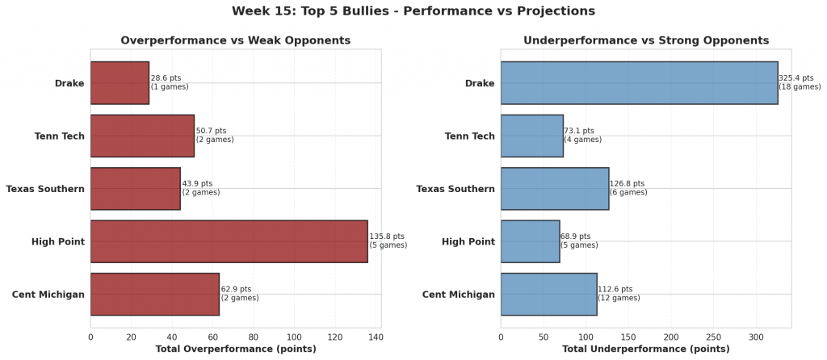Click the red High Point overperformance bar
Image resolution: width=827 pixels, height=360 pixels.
click(229, 241)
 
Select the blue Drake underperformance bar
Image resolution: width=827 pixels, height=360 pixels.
click(639, 83)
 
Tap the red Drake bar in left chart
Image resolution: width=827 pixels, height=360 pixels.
click(120, 83)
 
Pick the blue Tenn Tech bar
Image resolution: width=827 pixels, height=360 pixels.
click(531, 136)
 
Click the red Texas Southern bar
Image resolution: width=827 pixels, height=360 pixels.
click(135, 189)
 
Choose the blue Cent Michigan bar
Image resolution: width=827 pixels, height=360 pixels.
click(548, 294)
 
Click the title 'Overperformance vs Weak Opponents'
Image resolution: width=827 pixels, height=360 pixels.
click(235, 40)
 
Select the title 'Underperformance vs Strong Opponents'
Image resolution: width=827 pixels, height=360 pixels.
click(646, 40)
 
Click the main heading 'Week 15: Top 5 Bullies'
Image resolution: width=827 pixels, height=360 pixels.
click(413, 11)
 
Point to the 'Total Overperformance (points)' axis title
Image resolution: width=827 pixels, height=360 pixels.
click(235, 349)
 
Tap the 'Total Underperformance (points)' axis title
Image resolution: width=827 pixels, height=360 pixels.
click(645, 349)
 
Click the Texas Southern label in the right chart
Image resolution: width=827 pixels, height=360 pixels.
click(455, 189)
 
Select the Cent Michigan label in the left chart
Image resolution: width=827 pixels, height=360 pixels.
click(48, 294)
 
